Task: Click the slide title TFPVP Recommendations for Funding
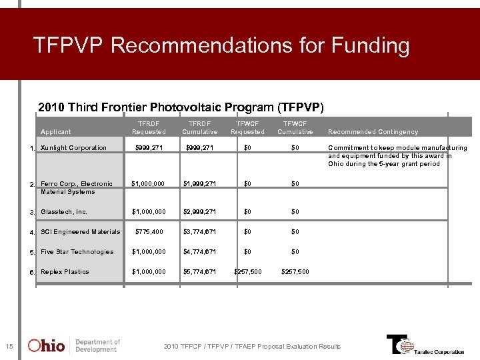point(221,46)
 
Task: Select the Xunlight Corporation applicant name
point(73,148)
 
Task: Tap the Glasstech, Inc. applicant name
point(64,212)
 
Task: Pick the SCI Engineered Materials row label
point(80,232)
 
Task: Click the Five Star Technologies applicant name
point(77,252)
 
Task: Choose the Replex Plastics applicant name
point(65,272)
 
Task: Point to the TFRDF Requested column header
point(149,127)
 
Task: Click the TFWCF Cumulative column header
point(295,127)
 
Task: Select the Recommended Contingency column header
point(373,132)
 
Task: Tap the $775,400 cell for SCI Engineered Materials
point(149,232)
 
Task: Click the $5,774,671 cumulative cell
point(200,272)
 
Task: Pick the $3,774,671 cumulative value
point(200,232)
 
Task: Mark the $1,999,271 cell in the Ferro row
point(200,184)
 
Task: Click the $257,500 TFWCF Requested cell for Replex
point(247,272)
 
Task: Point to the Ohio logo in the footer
point(47,345)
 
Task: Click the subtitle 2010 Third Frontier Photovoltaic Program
point(181,107)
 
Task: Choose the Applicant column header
point(56,132)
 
